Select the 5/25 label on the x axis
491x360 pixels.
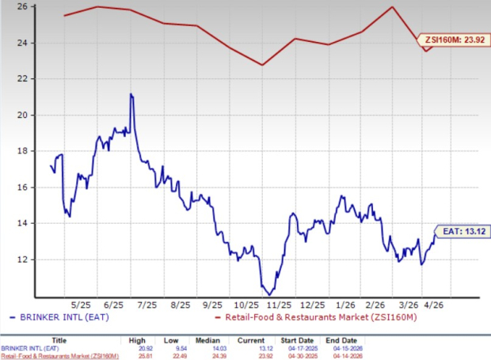pos(81,305)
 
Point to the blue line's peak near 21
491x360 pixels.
pos(131,94)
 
